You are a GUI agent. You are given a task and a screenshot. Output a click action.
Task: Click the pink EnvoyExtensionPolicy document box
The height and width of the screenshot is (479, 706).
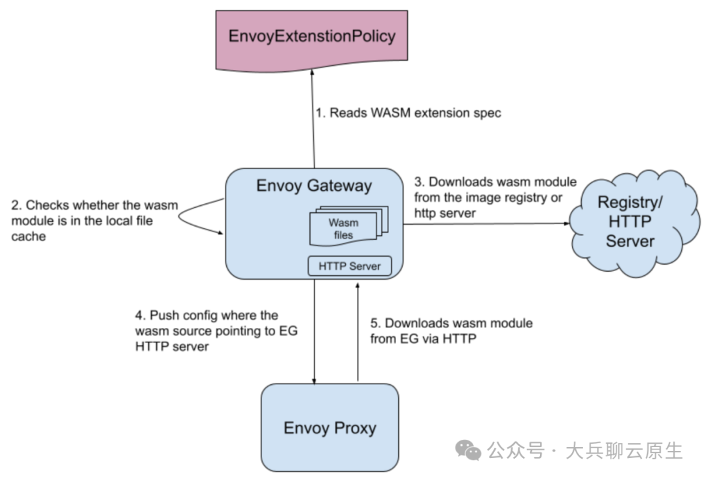312,40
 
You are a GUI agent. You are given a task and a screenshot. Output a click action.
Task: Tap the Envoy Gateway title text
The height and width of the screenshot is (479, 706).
314,186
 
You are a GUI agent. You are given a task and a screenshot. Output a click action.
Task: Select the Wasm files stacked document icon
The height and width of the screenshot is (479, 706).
348,225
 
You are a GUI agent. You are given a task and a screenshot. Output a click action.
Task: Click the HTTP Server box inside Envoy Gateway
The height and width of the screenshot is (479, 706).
349,266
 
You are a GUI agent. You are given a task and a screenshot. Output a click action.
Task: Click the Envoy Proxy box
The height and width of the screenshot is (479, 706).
329,427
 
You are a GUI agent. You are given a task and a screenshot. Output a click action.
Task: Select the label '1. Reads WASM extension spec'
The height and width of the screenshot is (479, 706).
409,113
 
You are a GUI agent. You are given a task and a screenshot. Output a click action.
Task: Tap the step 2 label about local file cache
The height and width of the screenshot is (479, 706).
95,221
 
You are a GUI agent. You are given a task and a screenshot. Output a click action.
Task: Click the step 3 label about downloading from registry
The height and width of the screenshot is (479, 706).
496,197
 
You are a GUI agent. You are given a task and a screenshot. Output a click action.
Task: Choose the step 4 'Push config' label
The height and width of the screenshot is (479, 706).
216,331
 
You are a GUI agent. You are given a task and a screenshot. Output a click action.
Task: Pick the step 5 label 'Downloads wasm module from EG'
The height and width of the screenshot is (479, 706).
451,331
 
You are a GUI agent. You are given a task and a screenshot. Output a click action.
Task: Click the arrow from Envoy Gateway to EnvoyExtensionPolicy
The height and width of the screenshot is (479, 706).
313,119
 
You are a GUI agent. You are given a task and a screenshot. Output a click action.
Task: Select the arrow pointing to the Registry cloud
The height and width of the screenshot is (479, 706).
486,223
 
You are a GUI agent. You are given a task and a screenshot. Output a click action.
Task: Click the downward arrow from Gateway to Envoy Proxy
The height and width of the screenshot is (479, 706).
314,332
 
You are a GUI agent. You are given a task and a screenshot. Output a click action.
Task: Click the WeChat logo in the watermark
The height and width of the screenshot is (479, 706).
468,451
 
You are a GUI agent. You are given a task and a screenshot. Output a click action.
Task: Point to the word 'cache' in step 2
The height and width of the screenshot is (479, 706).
28,237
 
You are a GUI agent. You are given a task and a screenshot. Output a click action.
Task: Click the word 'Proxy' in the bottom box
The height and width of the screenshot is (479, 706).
355,428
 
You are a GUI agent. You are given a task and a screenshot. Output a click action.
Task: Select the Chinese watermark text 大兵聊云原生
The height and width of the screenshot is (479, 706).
624,451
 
